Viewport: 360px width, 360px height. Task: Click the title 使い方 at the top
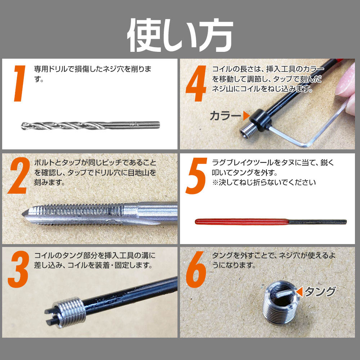point(180,35)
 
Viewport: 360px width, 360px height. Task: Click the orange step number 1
point(20,84)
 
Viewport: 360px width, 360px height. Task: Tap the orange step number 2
point(19,176)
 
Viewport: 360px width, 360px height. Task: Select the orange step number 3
point(19,269)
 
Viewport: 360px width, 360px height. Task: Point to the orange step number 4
point(196,84)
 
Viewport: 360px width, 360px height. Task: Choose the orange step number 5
point(196,176)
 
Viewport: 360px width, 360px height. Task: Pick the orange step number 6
point(196,269)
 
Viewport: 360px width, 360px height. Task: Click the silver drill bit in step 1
point(90,125)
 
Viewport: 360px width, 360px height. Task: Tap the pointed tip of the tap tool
point(23,214)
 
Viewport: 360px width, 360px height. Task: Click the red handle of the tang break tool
point(242,222)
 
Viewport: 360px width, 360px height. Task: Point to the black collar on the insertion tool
point(261,120)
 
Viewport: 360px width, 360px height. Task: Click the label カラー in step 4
point(225,116)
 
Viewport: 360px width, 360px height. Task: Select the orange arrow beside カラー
point(246,116)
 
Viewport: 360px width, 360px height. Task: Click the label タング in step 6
point(320,292)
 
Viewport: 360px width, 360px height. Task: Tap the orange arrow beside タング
point(300,292)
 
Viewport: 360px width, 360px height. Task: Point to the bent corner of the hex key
point(308,145)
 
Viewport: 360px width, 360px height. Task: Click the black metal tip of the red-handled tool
point(318,222)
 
